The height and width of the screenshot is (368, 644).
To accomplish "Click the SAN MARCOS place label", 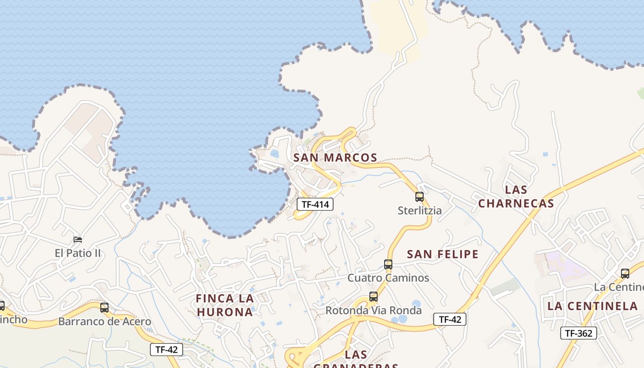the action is (335, 158).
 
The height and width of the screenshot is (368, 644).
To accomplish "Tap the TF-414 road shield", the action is (315, 204).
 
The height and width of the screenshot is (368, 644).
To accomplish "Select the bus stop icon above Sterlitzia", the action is (420, 197).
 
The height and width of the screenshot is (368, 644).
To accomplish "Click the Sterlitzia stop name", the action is (420, 211).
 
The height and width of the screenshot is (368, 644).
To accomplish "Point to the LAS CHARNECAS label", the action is (516, 196).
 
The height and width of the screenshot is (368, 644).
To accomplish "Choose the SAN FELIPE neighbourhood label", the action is (443, 254).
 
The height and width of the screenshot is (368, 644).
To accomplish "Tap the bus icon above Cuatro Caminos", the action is (388, 264).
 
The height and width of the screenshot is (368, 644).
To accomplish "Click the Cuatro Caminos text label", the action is (388, 278).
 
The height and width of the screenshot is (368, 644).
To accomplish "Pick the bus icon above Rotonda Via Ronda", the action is (374, 297).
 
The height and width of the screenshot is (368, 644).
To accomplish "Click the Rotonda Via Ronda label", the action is (374, 310).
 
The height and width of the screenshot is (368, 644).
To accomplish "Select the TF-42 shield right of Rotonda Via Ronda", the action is (450, 319).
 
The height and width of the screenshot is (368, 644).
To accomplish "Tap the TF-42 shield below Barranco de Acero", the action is (167, 350).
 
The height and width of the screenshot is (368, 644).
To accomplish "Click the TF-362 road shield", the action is (578, 333).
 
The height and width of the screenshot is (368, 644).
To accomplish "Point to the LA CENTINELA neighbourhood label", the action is (592, 306).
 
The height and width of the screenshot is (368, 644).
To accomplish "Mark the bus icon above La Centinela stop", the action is (625, 274).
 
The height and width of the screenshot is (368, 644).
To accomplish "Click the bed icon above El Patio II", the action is (78, 240).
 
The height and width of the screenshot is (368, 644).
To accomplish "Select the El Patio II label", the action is (78, 253).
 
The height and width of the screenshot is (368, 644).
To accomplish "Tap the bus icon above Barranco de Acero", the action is (104, 308).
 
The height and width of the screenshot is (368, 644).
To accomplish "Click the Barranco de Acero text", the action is (104, 322).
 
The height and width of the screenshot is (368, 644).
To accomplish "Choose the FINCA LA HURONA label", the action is (225, 305).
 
